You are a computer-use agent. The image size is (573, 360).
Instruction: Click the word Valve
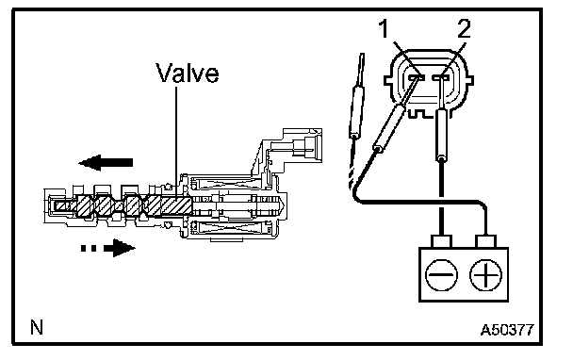188,73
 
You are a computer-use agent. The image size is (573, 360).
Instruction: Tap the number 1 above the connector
384,28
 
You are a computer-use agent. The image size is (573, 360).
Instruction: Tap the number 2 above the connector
464,28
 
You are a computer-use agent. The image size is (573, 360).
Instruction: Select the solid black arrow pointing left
106,163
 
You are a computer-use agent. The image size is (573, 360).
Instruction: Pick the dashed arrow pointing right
107,248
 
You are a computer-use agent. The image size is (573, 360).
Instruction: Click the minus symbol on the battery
441,275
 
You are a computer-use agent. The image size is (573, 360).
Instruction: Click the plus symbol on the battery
485,275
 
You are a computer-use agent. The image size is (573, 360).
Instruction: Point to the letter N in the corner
37,327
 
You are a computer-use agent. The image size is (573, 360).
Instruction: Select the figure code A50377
507,330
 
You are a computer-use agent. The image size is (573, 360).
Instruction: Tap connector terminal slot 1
417,77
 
